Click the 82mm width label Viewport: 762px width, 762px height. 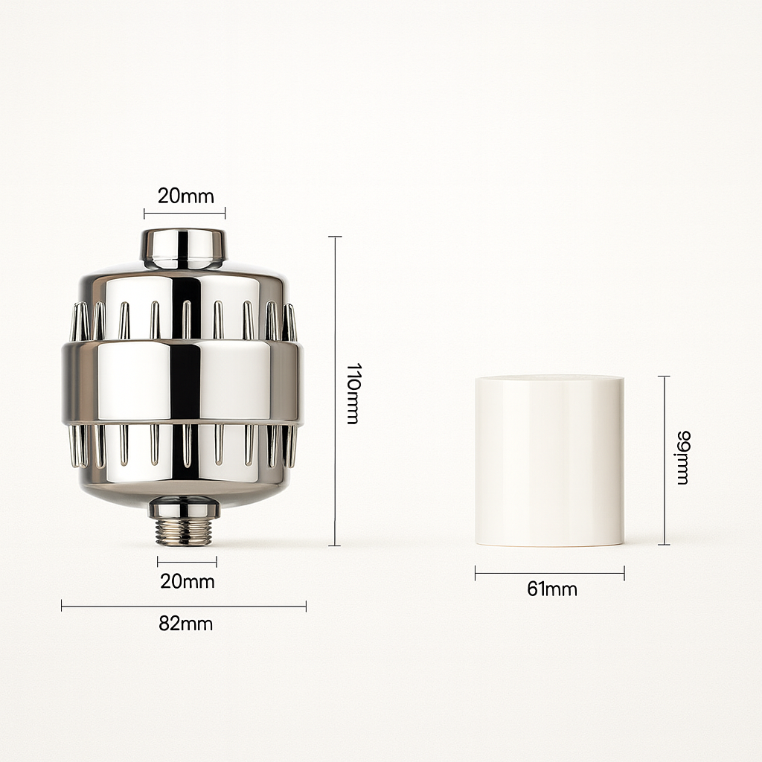[185, 624]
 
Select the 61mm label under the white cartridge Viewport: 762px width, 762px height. [552, 589]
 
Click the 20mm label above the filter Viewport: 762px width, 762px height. [185, 196]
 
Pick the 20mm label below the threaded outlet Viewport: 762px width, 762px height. [188, 580]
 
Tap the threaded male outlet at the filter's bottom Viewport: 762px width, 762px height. [187, 533]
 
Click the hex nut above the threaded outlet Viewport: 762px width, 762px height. [185, 510]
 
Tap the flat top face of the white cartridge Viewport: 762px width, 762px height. [549, 379]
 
